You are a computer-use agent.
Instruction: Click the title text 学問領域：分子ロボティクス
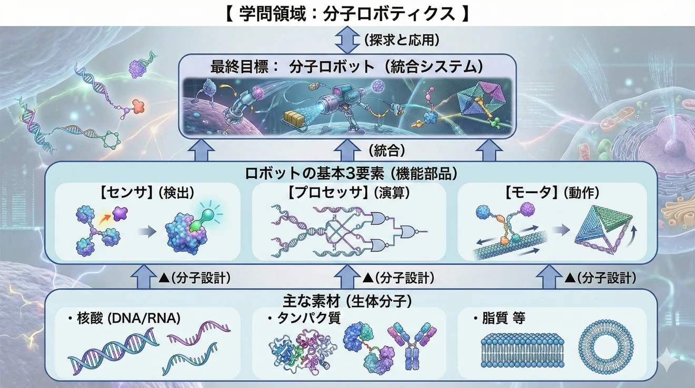pyautogui.click(x=347, y=13)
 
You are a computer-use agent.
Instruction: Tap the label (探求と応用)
pyautogui.click(x=401, y=39)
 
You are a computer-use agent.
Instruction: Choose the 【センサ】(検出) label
pyautogui.click(x=147, y=193)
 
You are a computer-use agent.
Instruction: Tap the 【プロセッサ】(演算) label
pyautogui.click(x=349, y=193)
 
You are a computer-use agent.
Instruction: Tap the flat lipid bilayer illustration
pyautogui.click(x=519, y=349)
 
